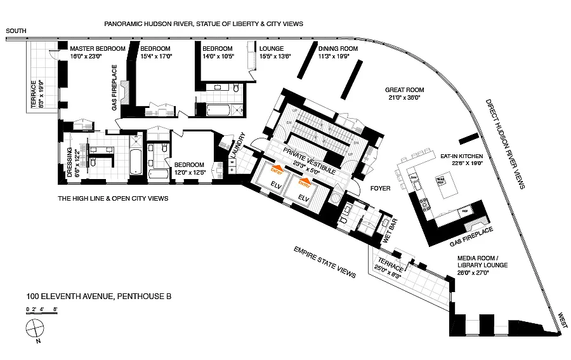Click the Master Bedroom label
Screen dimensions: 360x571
[96, 48]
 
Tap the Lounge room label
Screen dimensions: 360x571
[271, 48]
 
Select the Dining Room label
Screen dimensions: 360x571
[338, 48]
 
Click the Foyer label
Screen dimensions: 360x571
[381, 188]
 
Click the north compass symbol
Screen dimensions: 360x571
[34, 330]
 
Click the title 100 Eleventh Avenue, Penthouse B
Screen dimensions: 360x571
[99, 296]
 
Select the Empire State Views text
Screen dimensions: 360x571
[324, 261]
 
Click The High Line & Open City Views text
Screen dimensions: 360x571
[112, 198]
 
